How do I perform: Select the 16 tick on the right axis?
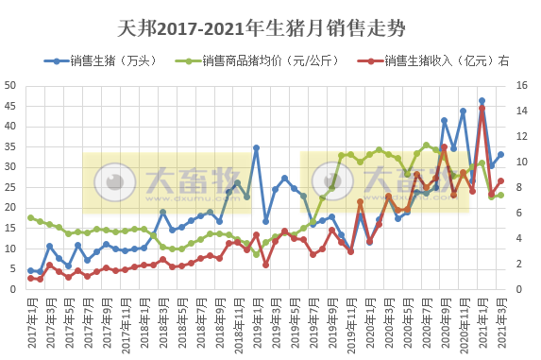pyautogui.click(x=523, y=85)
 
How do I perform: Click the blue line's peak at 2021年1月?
pyautogui.click(x=482, y=100)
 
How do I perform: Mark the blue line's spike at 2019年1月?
pyautogui.click(x=256, y=147)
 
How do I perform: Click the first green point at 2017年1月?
pyautogui.click(x=31, y=218)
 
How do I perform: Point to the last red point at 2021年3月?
pyautogui.click(x=500, y=180)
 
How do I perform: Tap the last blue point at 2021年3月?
pyautogui.click(x=500, y=154)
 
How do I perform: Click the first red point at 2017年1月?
pyautogui.click(x=31, y=278)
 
